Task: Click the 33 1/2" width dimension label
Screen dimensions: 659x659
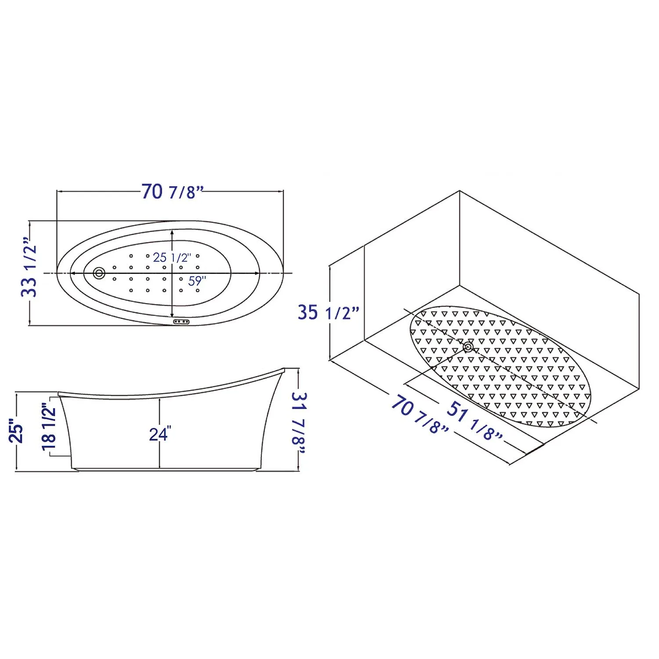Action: click(x=29, y=272)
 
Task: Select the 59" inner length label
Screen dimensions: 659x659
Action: click(x=197, y=281)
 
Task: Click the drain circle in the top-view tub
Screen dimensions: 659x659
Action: click(x=99, y=273)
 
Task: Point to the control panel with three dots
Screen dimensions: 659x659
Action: click(x=181, y=322)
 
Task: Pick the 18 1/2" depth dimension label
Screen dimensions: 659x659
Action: click(x=49, y=426)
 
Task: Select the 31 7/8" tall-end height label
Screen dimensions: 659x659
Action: click(x=299, y=418)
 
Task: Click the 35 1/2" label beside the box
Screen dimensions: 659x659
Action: click(x=329, y=312)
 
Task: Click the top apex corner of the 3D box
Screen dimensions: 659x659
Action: click(x=460, y=191)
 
